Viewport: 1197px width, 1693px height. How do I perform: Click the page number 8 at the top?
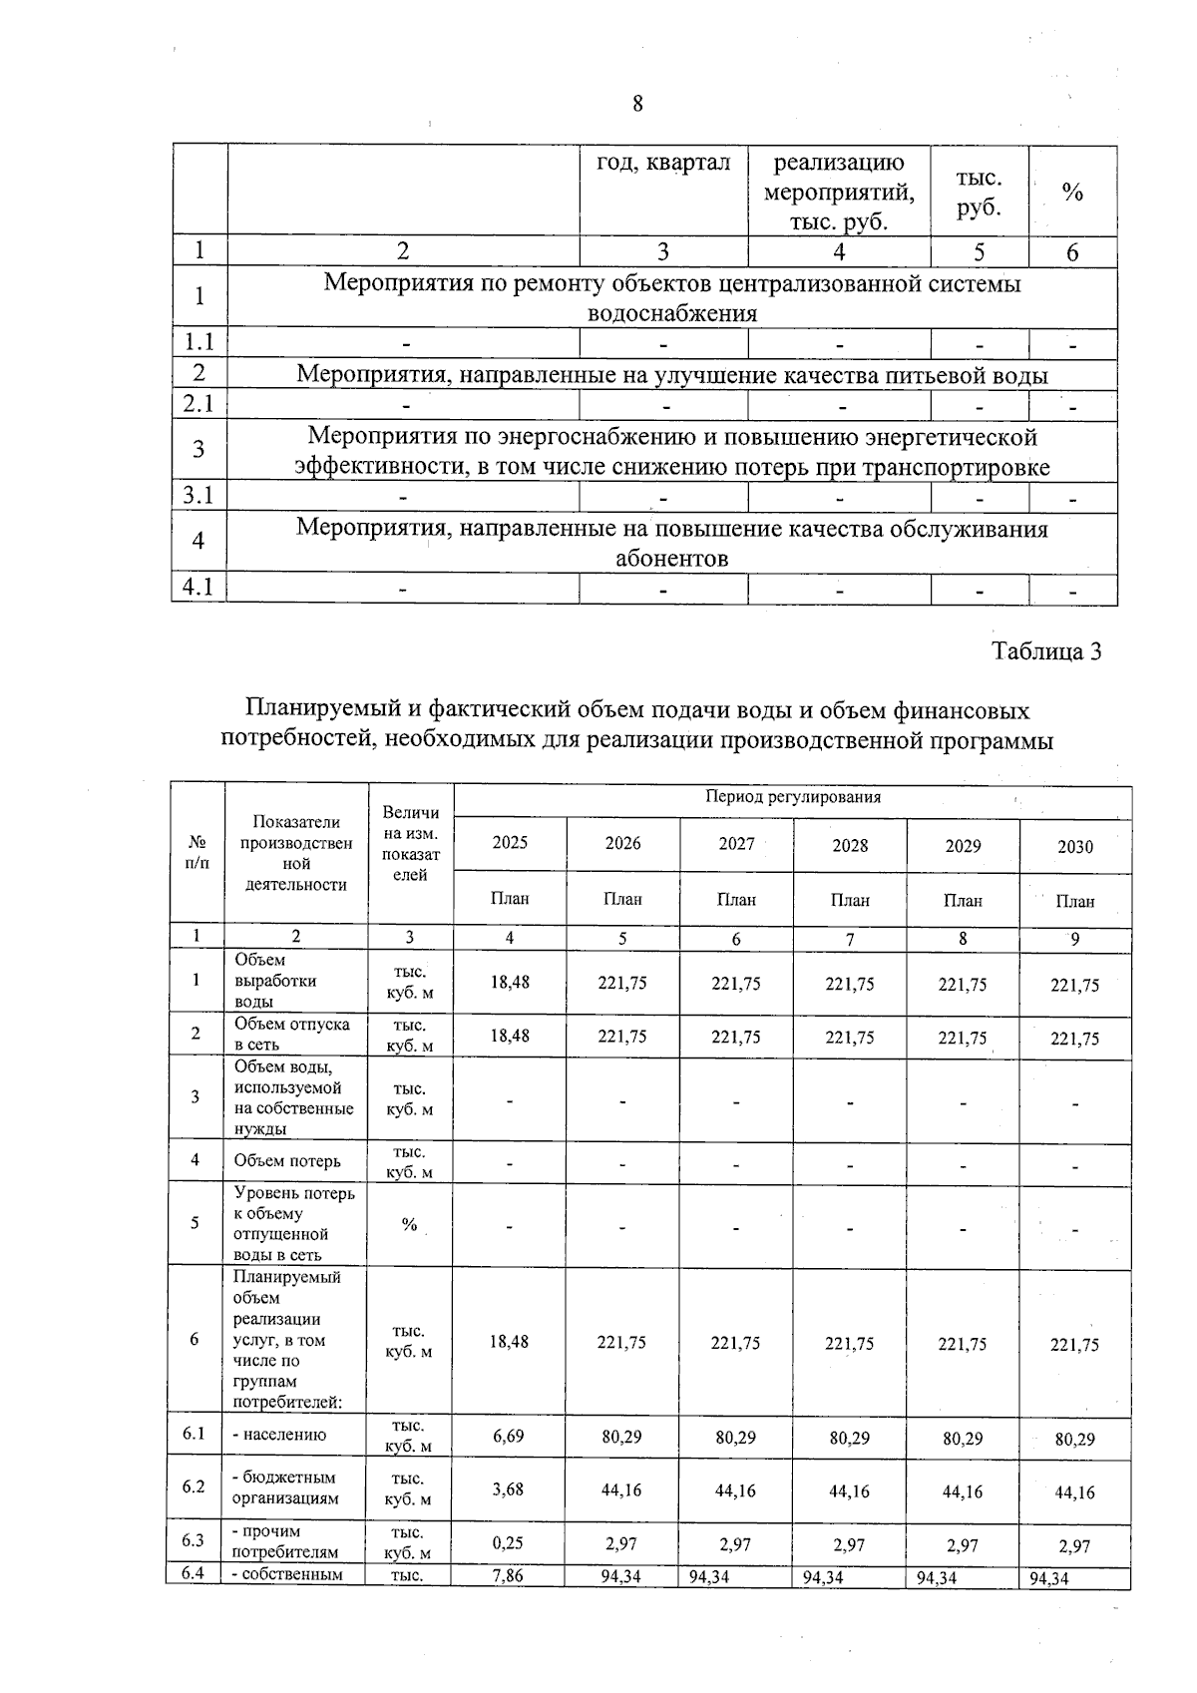pyautogui.click(x=637, y=104)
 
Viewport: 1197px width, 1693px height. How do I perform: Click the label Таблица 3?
pyautogui.click(x=1046, y=651)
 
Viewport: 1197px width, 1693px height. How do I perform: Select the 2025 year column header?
pyautogui.click(x=510, y=843)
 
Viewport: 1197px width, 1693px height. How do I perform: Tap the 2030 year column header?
pyautogui.click(x=1075, y=846)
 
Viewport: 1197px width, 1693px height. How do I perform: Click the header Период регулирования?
pyautogui.click(x=793, y=797)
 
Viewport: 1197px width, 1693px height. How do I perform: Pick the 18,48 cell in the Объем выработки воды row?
pyautogui.click(x=510, y=982)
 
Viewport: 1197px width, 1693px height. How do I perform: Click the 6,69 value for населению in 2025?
pyautogui.click(x=509, y=1436)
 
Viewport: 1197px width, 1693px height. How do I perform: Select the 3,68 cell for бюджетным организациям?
pyautogui.click(x=509, y=1488)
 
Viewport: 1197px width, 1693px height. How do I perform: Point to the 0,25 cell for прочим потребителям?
pyautogui.click(x=509, y=1542)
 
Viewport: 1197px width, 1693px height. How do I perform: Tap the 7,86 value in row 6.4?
pyautogui.click(x=509, y=1576)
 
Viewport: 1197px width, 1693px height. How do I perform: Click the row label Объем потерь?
pyautogui.click(x=287, y=1160)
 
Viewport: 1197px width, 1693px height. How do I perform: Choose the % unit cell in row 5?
pyautogui.click(x=409, y=1224)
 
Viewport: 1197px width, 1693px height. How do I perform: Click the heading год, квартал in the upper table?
pyautogui.click(x=663, y=163)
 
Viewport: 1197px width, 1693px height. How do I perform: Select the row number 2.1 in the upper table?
pyautogui.click(x=199, y=404)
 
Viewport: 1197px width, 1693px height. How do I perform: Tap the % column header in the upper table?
pyautogui.click(x=1072, y=193)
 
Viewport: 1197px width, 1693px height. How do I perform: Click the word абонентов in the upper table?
pyautogui.click(x=671, y=559)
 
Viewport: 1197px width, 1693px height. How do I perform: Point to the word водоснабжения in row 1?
pyautogui.click(x=672, y=314)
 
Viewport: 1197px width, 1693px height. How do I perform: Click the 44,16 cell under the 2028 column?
pyautogui.click(x=850, y=1491)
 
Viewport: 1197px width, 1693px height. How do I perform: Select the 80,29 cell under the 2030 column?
pyautogui.click(x=1075, y=1439)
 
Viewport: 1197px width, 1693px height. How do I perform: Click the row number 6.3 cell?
pyautogui.click(x=194, y=1540)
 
